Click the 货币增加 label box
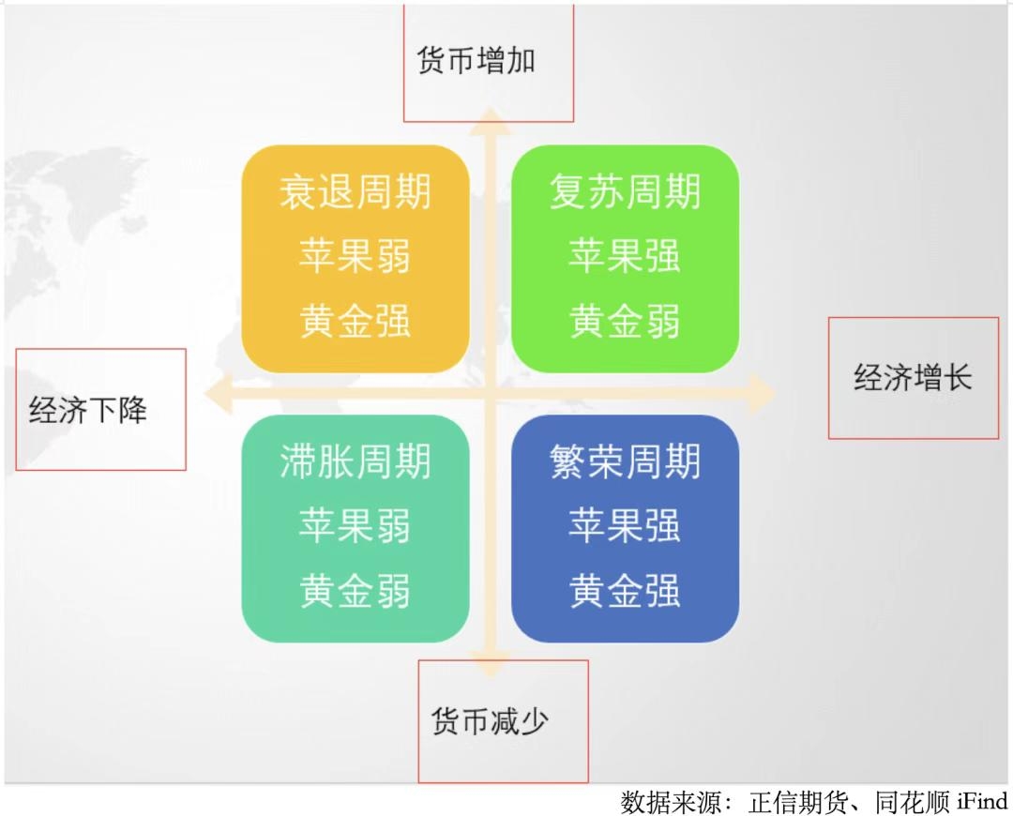[489, 63]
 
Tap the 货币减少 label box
[504, 721]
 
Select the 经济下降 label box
[100, 410]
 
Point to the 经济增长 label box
[914, 378]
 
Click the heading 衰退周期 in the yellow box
[355, 192]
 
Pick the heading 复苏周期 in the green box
[625, 192]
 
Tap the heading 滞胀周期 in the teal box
[355, 461]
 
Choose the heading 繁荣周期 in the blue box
[625, 461]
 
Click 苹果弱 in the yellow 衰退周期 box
[355, 256]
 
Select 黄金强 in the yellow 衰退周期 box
[355, 321]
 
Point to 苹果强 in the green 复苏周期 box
[625, 256]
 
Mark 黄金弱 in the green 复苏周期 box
[625, 321]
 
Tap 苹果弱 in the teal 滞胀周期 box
[355, 525]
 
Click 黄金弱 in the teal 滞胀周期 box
[355, 590]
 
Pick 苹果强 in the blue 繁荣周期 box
[625, 525]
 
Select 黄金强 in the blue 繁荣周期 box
[625, 590]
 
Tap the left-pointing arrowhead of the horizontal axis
[219, 393]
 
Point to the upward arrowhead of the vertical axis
[491, 122]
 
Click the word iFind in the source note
[982, 802]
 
